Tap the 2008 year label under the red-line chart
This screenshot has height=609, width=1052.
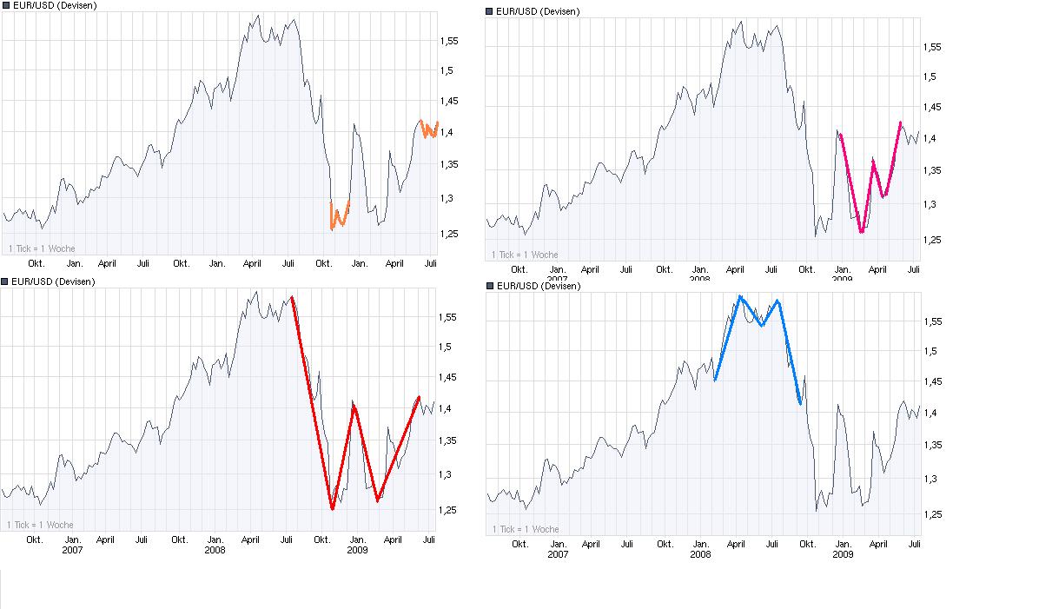(x=215, y=551)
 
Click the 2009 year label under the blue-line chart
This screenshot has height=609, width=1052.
(x=842, y=555)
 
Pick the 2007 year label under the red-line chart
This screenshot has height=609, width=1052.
(x=71, y=551)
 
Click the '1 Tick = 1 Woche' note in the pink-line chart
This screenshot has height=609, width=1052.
(x=525, y=255)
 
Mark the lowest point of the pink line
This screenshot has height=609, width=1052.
(x=861, y=232)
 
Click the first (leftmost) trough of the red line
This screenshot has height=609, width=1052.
(x=332, y=509)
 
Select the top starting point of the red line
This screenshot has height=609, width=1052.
(x=292, y=297)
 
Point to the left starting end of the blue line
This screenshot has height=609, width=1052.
(x=715, y=380)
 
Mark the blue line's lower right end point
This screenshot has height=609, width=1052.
(x=799, y=404)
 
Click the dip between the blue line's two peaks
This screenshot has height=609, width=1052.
(x=762, y=326)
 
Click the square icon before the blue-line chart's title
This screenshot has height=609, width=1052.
(x=490, y=286)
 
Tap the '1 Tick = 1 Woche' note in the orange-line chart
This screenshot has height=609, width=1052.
(x=42, y=248)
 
